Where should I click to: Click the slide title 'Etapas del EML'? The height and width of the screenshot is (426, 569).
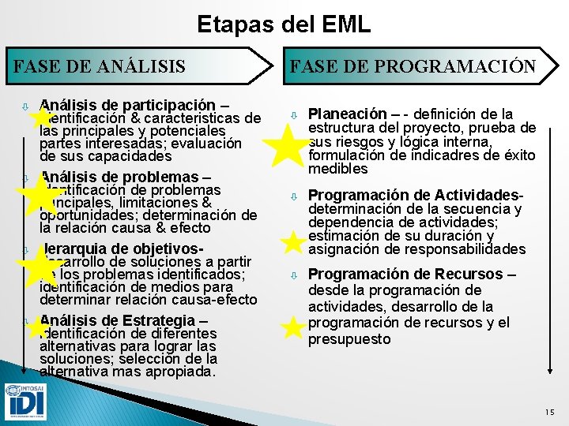[x=284, y=24]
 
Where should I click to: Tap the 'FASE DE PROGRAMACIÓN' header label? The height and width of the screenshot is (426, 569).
[x=413, y=66]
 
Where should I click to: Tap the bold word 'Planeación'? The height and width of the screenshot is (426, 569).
[x=347, y=114]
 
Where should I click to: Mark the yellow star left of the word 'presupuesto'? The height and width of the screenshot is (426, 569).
[x=292, y=330]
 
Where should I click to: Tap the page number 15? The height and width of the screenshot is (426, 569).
[x=549, y=412]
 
